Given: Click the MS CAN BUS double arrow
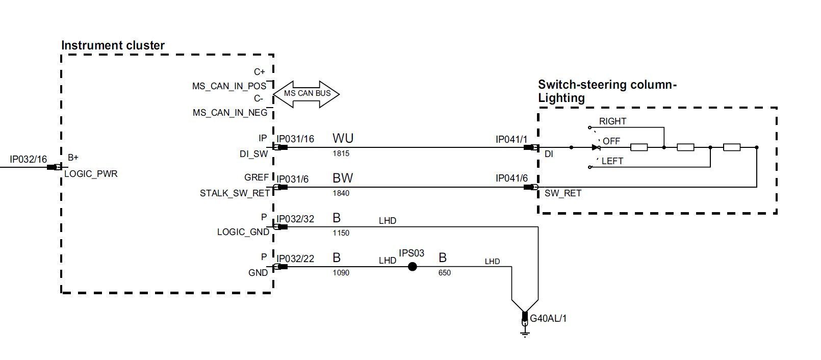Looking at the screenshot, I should (306, 94).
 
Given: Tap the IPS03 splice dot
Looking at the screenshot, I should (413, 266).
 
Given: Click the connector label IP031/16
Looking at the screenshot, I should (295, 139).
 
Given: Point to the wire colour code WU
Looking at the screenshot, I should (343, 138).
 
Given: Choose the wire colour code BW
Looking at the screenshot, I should (343, 178).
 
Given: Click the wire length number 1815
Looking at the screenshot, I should (341, 153).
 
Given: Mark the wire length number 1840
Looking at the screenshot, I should (341, 193).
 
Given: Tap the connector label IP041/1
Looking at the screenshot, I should (511, 139).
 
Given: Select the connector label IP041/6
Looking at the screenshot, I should (511, 178).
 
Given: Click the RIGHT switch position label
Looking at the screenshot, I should (612, 121).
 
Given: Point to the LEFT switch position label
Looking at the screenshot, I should (612, 161).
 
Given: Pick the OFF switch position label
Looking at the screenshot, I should (611, 141).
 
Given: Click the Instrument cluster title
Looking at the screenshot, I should (113, 45).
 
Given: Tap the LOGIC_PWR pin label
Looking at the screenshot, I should (91, 174).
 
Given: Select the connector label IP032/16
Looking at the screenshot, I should (29, 160).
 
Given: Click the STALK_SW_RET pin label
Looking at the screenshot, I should (234, 194).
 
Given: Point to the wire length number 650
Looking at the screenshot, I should (444, 273).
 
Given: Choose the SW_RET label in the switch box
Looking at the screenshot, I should (562, 193).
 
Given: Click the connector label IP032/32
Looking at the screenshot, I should (295, 219).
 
